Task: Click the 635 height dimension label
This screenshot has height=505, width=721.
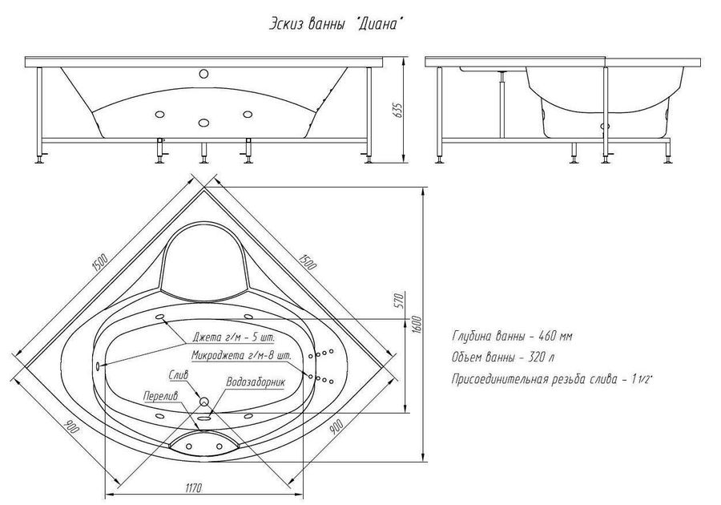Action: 399,109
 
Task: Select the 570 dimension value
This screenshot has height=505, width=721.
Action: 400,301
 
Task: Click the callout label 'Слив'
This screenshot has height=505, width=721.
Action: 179,375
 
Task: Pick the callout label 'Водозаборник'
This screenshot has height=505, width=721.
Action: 256,382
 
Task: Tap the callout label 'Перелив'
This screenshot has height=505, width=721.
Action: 160,395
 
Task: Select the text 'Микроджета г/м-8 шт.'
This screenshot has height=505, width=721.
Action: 241,356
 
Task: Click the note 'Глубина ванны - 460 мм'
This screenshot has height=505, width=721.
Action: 512,336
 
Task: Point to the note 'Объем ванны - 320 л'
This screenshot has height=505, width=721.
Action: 502,358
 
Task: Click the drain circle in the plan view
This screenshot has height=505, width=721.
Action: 204,402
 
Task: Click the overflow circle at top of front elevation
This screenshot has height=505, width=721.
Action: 203,74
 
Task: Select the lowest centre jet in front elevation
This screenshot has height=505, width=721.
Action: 203,123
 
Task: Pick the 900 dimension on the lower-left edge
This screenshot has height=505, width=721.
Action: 73,429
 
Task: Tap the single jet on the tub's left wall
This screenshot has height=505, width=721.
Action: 98,365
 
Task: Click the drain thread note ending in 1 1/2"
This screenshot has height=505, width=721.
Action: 553,379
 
